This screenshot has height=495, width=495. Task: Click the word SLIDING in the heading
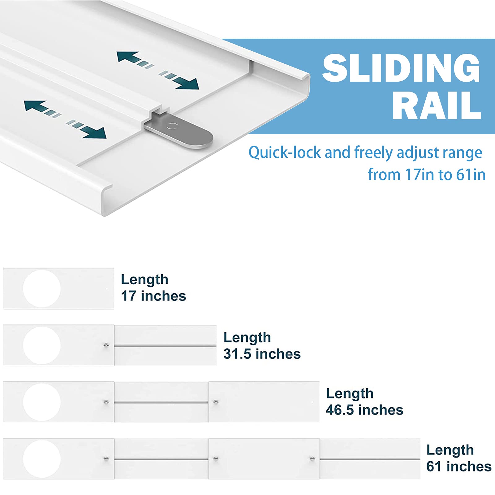pyautogui.click(x=401, y=68)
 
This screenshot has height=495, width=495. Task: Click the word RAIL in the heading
pyautogui.click(x=437, y=105)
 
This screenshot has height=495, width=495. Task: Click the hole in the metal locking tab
pyautogui.click(x=172, y=126)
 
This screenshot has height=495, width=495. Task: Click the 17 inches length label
pyautogui.click(x=153, y=288)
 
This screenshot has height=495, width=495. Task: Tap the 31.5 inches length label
pyautogui.click(x=262, y=346)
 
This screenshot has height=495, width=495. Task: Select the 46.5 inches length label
pyautogui.click(x=364, y=402)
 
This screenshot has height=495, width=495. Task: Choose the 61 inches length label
pyautogui.click(x=459, y=458)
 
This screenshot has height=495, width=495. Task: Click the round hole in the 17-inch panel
pyautogui.click(x=42, y=289)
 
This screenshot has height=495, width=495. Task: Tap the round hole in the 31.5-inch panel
pyautogui.click(x=42, y=345)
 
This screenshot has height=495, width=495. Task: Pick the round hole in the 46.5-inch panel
pyautogui.click(x=42, y=402)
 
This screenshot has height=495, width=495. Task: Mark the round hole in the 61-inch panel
pyautogui.click(x=42, y=459)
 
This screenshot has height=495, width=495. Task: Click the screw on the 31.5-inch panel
pyautogui.click(x=106, y=345)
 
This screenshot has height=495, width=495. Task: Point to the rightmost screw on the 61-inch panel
pyautogui.click(x=312, y=458)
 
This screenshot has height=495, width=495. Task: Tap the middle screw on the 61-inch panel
pyautogui.click(x=216, y=458)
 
